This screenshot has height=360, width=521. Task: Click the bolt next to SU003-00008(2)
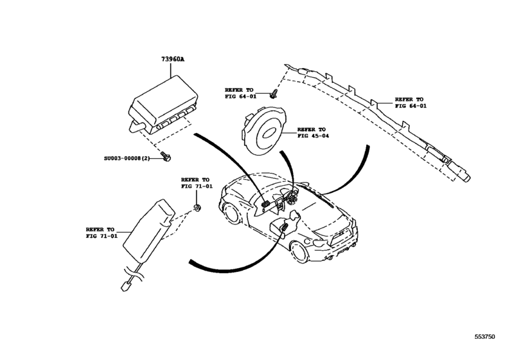pos(167,156)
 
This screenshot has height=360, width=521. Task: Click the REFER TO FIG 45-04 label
pos(312,132)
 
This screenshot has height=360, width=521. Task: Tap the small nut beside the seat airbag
pos(197,208)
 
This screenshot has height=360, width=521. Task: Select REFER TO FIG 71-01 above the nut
pos(195,184)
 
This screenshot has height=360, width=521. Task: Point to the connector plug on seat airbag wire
pos(125,283)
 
